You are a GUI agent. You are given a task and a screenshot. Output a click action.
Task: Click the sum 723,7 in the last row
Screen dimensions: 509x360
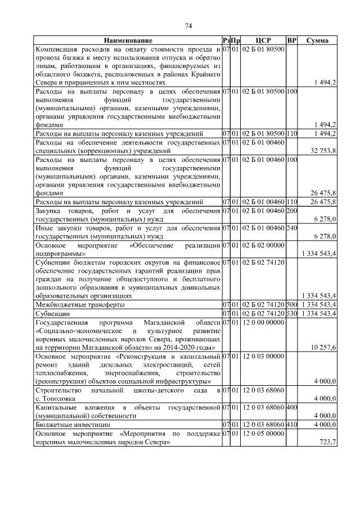(327, 442)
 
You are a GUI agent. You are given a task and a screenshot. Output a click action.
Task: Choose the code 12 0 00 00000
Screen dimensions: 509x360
(263, 322)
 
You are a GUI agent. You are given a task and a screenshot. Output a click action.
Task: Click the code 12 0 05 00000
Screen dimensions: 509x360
(263, 434)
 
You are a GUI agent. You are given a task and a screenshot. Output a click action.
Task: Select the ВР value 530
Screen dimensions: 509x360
(291, 313)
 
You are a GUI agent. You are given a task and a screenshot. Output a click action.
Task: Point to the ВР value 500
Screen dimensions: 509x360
(291, 304)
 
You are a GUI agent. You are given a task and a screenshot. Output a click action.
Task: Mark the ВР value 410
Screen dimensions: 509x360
(291, 425)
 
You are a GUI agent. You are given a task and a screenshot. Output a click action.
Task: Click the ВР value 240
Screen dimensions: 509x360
(291, 228)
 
